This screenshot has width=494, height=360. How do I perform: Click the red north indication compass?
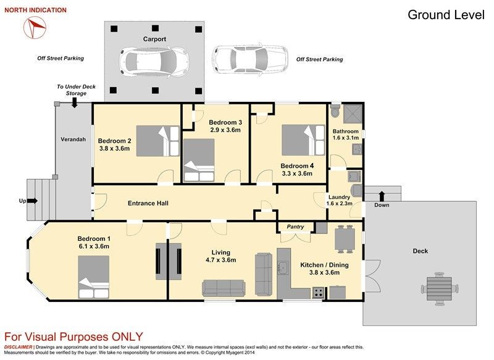pyautogui.click(x=35, y=27)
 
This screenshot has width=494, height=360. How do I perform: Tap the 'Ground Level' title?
pyautogui.click(x=446, y=15)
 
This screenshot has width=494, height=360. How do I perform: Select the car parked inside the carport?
pyautogui.click(x=155, y=62)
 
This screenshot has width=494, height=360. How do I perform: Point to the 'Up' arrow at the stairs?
pyautogui.click(x=33, y=201)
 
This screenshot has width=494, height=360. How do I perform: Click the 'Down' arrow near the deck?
pyautogui.click(x=382, y=196)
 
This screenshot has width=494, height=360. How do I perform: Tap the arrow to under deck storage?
pyautogui.click(x=74, y=103)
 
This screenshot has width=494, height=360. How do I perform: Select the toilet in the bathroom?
pyautogui.click(x=334, y=111)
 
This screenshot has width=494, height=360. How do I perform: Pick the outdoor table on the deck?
pyautogui.click(x=440, y=289)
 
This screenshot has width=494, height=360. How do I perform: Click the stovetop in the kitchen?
pyautogui.click(x=318, y=293)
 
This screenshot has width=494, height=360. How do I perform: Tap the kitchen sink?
pyautogui.click(x=283, y=268)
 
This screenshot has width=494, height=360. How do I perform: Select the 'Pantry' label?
pyautogui.click(x=295, y=227)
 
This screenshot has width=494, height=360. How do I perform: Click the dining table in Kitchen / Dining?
pyautogui.click(x=345, y=239)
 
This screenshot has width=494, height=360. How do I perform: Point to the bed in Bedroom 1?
pyautogui.click(x=94, y=277)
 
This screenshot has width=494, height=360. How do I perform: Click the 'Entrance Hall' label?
pyautogui.click(x=148, y=203)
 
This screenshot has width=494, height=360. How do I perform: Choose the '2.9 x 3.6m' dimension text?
pyautogui.click(x=225, y=130)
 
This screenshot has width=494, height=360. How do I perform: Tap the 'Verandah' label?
pyautogui.click(x=73, y=139)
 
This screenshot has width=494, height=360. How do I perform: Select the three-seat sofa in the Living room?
pyautogui.click(x=224, y=288)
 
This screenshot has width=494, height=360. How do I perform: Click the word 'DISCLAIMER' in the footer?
pyautogui.click(x=19, y=347)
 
